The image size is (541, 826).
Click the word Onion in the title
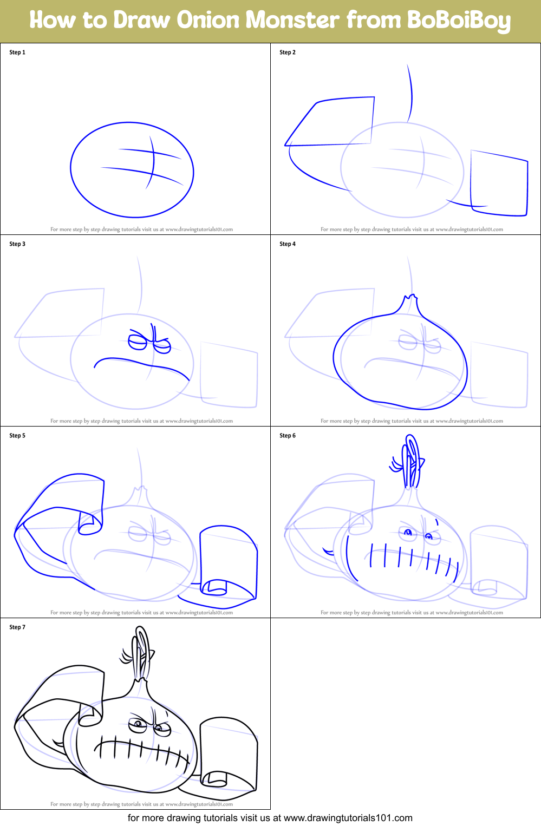208,20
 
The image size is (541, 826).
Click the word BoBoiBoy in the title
459,20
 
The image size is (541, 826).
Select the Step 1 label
17,53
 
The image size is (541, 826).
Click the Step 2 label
288,53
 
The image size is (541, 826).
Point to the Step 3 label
17,244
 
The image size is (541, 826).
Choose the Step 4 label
288,244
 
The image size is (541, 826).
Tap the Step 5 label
17,436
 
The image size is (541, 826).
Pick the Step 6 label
288,436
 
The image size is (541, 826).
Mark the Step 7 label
17,627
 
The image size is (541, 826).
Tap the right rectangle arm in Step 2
499,184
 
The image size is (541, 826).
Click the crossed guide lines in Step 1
150,162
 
